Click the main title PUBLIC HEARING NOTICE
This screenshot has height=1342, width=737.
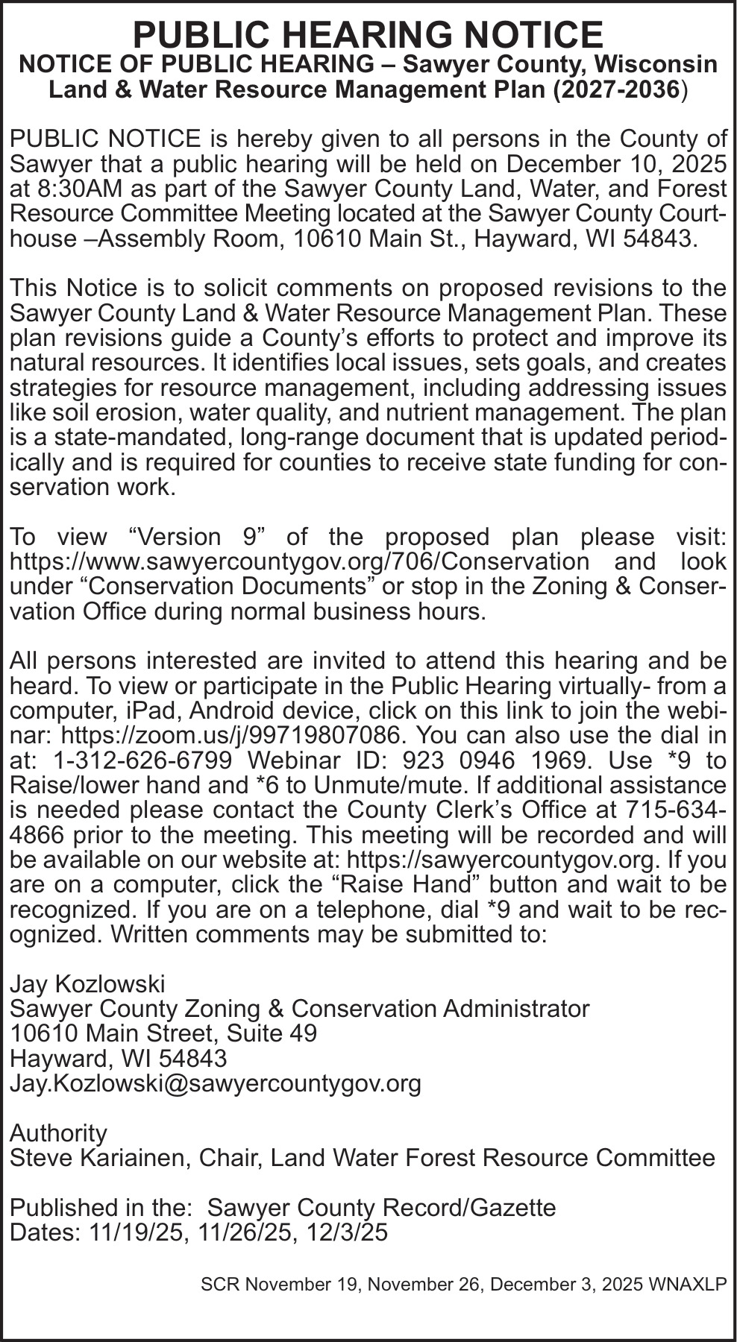click(x=368, y=34)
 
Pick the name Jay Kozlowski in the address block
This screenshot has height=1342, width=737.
click(x=87, y=984)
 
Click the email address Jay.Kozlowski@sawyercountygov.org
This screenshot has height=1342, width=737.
click(x=215, y=1083)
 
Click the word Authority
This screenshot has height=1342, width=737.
click(x=58, y=1133)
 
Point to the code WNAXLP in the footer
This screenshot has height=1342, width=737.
click(x=688, y=1285)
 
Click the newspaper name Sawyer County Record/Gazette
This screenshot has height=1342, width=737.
click(x=381, y=1208)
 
